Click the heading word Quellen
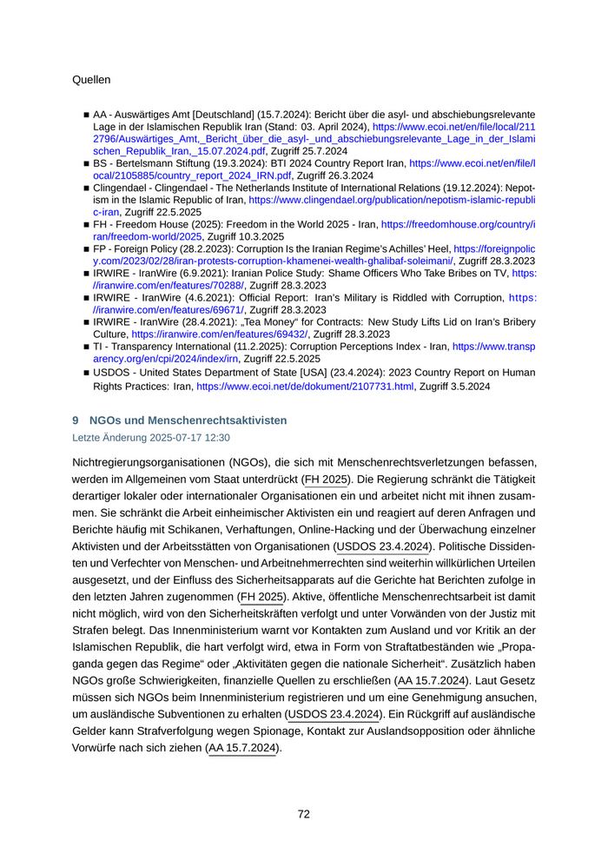click(x=91, y=80)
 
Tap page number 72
click(x=304, y=814)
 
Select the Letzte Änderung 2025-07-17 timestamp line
click(x=150, y=438)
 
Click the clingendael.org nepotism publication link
click(x=392, y=199)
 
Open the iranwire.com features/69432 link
click(x=221, y=334)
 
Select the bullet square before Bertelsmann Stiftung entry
click(x=86, y=162)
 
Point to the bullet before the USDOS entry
click(x=86, y=372)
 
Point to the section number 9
click(x=76, y=420)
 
